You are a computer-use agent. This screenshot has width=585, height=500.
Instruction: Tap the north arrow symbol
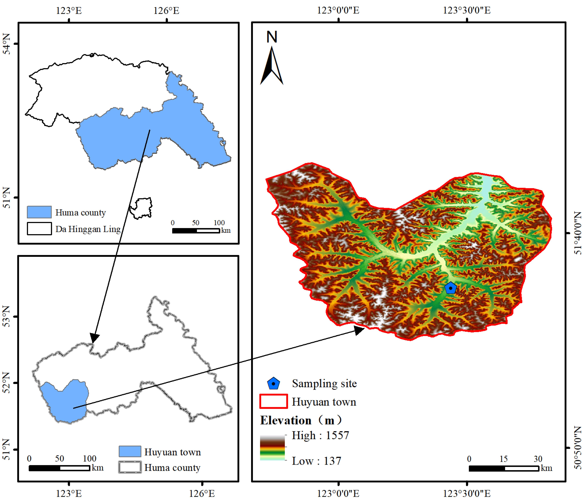point(272,66)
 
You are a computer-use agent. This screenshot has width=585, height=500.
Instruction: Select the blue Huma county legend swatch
point(39,212)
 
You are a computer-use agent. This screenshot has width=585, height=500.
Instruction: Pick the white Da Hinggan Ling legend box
point(39,229)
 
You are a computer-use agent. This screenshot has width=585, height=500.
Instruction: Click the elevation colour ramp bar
point(272,448)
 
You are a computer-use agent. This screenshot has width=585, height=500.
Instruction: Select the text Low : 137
point(316,461)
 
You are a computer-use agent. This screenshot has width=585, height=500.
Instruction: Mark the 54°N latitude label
point(6,44)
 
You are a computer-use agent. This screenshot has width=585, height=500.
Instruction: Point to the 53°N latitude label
point(6,316)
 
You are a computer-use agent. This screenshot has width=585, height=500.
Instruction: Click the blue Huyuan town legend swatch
point(130,451)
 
